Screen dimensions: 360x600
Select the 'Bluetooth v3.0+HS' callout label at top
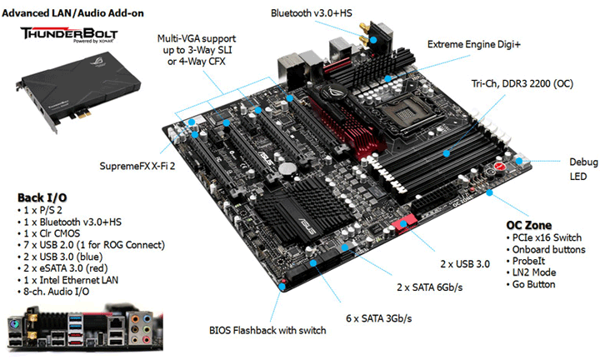click(317, 12)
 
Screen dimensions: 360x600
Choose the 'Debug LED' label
click(577, 169)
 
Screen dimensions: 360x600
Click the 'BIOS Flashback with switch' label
click(267, 330)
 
